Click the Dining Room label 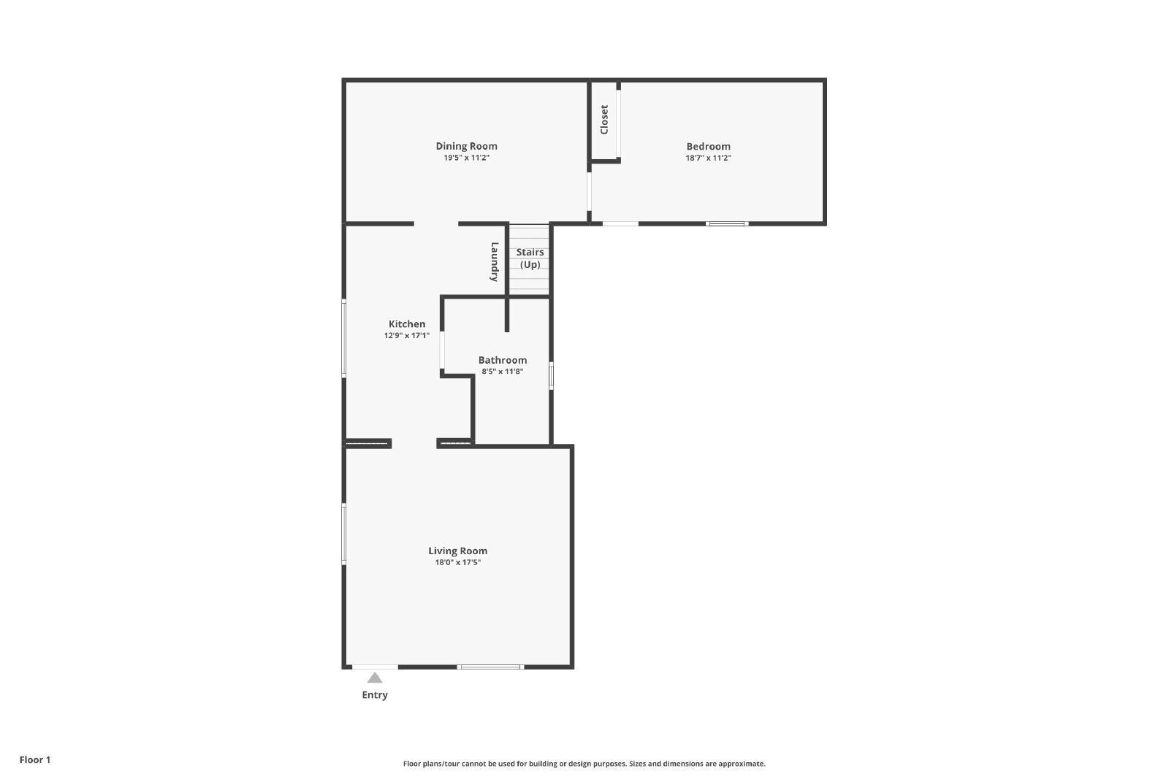coord(467,147)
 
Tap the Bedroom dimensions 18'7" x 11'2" coord(708,158)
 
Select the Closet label coord(604,120)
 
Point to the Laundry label coord(494,262)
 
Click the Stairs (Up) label coord(530,258)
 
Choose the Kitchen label coord(407,324)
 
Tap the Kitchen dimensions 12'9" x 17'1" coord(407,336)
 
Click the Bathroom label coord(503,360)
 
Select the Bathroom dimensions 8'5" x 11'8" coord(503,372)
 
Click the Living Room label coord(457,551)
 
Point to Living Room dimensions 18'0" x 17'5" coord(457,563)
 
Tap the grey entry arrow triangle coord(375,678)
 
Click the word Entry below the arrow coord(375,695)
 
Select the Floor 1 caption coord(35,760)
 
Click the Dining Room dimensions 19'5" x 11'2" coord(467,158)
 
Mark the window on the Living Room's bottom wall coord(490,667)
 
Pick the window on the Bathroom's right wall coord(551,375)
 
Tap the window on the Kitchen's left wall coord(344,339)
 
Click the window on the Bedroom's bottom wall coord(727,223)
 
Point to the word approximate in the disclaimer coord(742,764)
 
